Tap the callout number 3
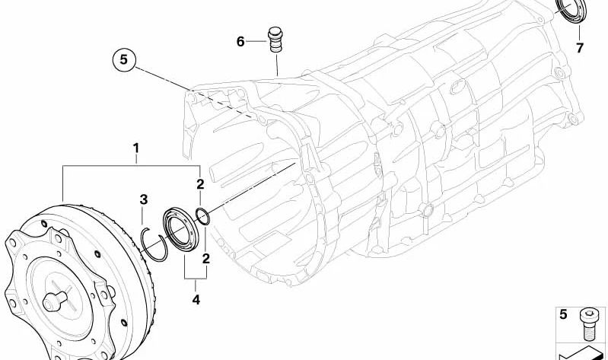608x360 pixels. (142, 200)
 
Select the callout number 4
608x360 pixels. (196, 300)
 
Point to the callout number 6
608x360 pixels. (240, 42)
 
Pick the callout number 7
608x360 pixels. (579, 49)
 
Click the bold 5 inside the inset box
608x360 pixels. (564, 314)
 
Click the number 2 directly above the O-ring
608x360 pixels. (200, 183)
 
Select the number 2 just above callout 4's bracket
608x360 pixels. (205, 260)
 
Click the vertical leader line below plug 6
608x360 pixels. (277, 64)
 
